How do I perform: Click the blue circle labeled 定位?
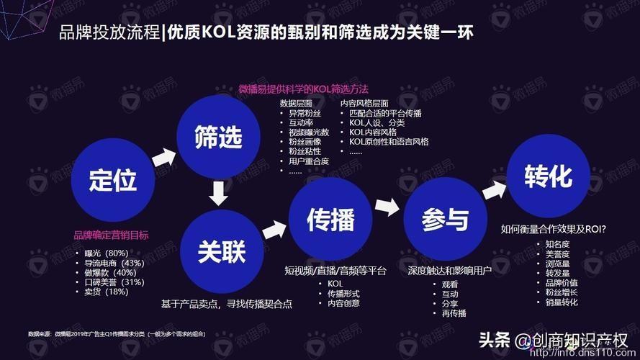(x=112, y=179)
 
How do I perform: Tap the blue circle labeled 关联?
(x=222, y=251)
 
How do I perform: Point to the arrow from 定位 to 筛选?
(x=164, y=156)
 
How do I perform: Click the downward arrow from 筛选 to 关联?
(x=217, y=193)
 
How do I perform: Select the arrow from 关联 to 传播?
(x=274, y=230)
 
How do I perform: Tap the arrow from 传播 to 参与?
(x=387, y=207)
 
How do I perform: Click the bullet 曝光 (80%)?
(x=106, y=253)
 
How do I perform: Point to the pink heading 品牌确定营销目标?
(x=111, y=235)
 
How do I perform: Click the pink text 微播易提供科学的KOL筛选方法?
(x=303, y=89)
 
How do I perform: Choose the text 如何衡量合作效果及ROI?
(x=553, y=230)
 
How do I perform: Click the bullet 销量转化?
(x=562, y=302)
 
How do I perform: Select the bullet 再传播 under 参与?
(x=454, y=313)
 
